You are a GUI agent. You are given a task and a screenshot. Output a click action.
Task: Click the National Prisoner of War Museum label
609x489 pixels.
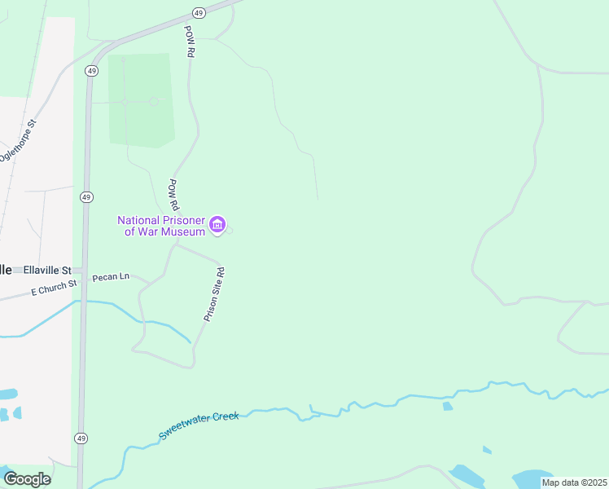[160, 226]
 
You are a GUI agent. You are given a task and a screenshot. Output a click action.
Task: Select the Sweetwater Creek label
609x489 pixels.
[199, 425]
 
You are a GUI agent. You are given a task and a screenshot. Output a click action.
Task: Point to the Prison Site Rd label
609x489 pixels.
[213, 293]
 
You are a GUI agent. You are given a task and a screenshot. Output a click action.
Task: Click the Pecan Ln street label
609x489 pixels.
[110, 277]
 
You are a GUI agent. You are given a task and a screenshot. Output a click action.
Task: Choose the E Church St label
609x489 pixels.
[54, 287]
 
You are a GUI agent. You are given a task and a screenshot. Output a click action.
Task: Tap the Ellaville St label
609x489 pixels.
[47, 271]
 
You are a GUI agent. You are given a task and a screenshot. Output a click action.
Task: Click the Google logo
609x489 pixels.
[27, 478]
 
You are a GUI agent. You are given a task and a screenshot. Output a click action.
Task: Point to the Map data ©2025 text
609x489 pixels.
[574, 482]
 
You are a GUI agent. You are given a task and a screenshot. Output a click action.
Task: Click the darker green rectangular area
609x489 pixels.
[140, 99]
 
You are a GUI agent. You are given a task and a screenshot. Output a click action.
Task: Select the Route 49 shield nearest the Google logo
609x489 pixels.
[81, 438]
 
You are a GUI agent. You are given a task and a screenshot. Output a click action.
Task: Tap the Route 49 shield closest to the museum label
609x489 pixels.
[86, 197]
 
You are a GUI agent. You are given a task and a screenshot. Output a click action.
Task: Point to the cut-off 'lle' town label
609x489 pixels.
[6, 270]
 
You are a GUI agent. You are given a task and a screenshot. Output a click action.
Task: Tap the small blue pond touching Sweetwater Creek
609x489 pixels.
[447, 406]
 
